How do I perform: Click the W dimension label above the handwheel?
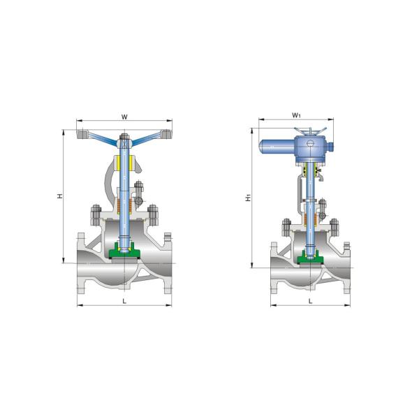(x=124, y=117)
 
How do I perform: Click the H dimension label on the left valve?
(x=60, y=198)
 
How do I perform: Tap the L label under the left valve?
(x=124, y=301)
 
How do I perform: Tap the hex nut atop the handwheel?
(x=124, y=140)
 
